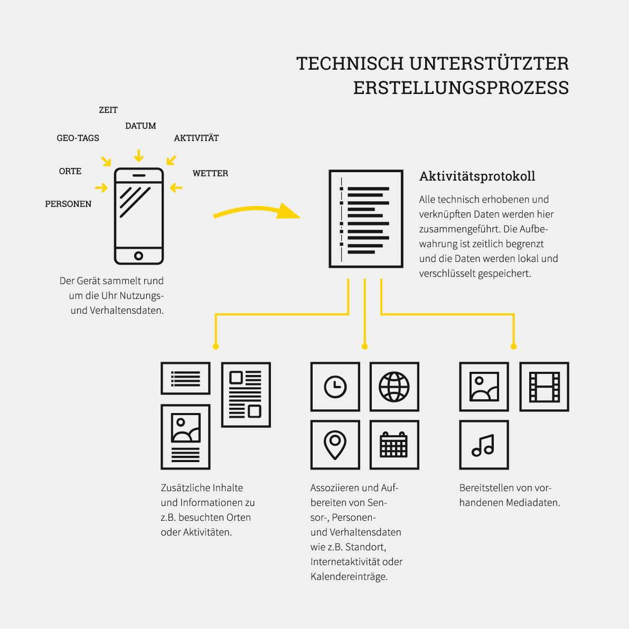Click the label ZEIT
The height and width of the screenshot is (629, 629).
[108, 110]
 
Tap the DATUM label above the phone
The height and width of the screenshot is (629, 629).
[140, 126]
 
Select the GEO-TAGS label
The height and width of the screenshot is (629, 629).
[78, 138]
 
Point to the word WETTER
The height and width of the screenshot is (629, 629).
[210, 173]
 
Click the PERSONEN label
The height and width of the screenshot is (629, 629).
[68, 204]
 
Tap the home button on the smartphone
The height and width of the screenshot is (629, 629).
[139, 256]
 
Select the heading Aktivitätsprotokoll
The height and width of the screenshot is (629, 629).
[477, 176]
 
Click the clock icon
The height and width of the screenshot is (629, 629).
[335, 387]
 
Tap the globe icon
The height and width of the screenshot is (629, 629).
[395, 387]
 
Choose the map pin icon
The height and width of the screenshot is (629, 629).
[335, 445]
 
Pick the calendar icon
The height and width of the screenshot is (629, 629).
[395, 445]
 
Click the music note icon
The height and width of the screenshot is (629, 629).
[484, 445]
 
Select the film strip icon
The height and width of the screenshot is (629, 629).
[544, 387]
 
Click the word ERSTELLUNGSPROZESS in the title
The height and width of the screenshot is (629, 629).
[461, 88]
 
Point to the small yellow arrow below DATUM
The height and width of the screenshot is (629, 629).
[139, 156]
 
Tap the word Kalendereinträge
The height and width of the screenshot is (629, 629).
[349, 577]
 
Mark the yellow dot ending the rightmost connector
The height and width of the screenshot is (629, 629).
[513, 346]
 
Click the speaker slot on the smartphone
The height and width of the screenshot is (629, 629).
[139, 176]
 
